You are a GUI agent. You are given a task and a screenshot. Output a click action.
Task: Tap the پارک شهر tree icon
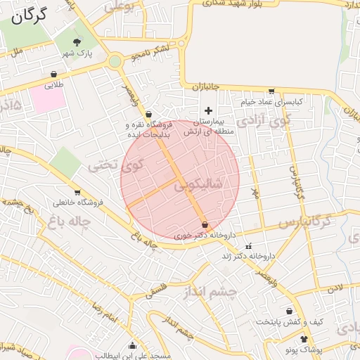pos(77,42)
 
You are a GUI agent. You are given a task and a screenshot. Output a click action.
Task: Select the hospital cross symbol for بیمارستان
pos(208,110)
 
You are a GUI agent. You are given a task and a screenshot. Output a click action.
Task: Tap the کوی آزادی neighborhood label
pos(264,120)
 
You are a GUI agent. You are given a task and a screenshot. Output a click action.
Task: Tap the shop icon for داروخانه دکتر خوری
pos(205,225)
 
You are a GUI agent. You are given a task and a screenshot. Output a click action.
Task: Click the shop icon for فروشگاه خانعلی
pos(77,193)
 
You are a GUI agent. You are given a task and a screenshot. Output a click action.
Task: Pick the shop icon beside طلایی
pos(54,74)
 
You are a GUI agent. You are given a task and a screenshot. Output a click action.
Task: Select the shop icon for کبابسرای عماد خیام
pos(271,91)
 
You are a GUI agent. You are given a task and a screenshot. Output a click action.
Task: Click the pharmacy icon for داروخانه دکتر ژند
pos(248,246)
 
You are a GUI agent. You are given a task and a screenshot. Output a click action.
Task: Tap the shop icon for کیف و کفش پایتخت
pos(289,311)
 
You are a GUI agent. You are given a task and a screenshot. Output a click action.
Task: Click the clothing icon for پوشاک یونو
pos(304,339)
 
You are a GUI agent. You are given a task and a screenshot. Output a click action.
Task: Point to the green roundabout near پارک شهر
pos(115,62)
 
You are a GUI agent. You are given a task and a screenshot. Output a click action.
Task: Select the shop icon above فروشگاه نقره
pos(148,115)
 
